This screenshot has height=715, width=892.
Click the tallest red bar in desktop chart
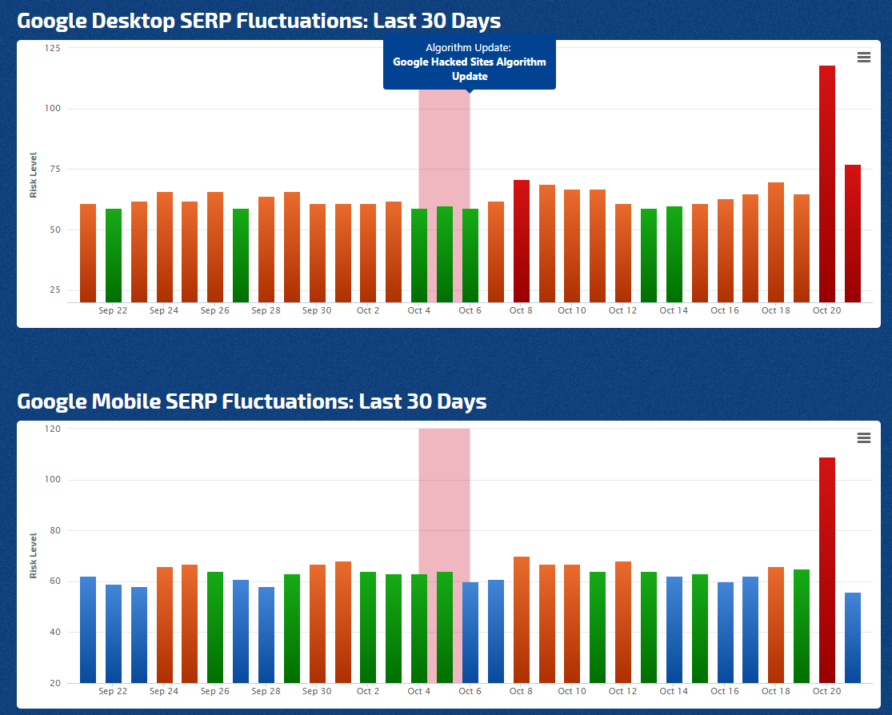827,184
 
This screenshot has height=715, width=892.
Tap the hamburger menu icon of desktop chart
863,57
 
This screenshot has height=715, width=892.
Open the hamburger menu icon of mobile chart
863,437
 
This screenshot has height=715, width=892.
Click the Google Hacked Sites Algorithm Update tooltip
470,62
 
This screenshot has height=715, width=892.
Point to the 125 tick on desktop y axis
54,48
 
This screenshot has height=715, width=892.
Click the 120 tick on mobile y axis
54,429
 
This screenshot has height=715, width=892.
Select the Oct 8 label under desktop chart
521,310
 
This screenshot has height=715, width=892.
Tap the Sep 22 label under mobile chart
113,691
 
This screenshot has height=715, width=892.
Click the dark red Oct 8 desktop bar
521,241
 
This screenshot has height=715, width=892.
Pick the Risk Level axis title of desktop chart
34,175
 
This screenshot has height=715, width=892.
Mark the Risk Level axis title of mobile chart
34,556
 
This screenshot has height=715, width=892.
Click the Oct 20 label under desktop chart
826,310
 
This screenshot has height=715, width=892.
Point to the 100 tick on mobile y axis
54,480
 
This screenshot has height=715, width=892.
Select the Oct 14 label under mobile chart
674,691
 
